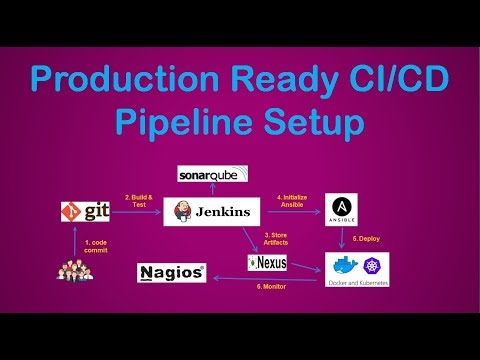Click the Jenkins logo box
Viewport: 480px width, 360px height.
(x=211, y=212)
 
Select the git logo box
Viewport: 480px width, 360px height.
(x=84, y=212)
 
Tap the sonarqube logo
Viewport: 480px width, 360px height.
(x=211, y=174)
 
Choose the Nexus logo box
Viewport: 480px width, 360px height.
(x=267, y=263)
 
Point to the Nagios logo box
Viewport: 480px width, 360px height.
(x=172, y=271)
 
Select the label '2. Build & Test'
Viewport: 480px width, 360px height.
(x=136, y=201)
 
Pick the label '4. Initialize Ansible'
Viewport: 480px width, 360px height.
(x=292, y=201)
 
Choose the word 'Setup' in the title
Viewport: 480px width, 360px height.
(x=321, y=123)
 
